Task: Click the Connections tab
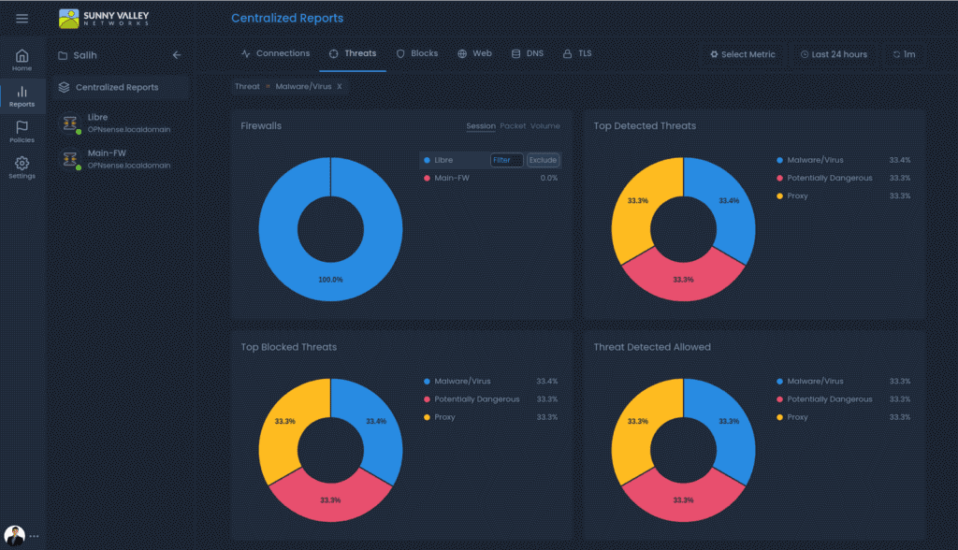point(275,54)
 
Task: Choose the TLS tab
point(577,54)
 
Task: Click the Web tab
point(474,54)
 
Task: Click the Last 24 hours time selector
point(833,54)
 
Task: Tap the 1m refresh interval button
point(904,54)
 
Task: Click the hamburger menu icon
point(22,19)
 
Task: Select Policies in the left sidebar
point(22,132)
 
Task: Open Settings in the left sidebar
point(22,168)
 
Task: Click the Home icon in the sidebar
point(22,60)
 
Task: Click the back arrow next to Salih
point(177,55)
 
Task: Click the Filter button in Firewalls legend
point(505,160)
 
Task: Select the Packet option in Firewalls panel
point(513,126)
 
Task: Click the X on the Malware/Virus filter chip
point(340,86)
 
